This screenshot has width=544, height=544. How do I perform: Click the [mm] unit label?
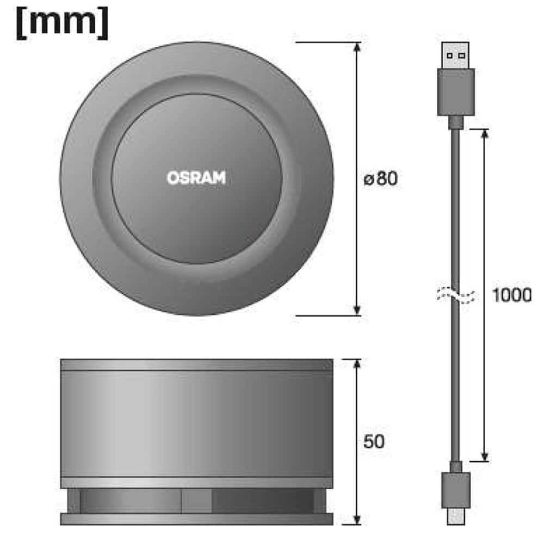click(62, 23)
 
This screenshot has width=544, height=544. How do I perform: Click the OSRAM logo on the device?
click(196, 178)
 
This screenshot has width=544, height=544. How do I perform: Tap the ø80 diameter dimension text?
click(380, 178)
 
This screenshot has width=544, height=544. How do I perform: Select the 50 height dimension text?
click(373, 441)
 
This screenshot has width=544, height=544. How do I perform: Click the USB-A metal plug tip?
click(455, 55)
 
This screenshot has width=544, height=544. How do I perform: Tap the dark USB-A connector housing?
click(455, 91)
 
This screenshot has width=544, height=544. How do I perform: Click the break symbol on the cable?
click(455, 295)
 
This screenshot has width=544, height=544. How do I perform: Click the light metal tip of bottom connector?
click(455, 516)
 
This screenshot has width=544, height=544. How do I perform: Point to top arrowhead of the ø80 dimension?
click(357, 47)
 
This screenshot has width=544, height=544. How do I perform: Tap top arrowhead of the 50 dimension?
click(357, 364)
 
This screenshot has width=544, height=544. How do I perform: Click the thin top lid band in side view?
click(196, 364)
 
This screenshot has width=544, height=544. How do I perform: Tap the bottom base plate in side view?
click(196, 519)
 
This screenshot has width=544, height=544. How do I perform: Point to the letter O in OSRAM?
click(172, 178)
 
